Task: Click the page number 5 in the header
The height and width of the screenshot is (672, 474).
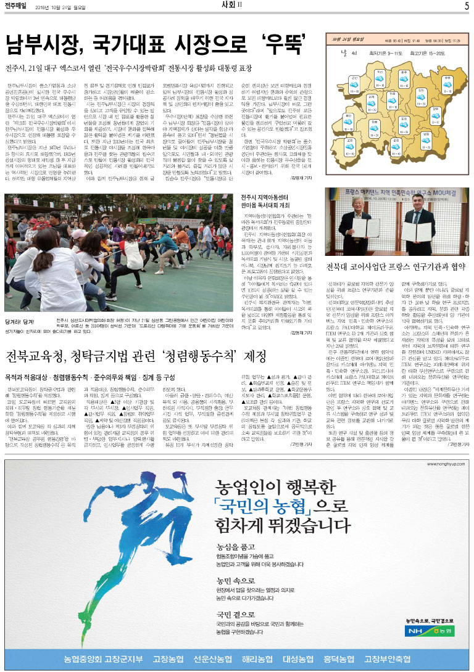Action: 467,6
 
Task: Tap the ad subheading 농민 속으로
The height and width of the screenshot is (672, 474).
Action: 233,581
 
